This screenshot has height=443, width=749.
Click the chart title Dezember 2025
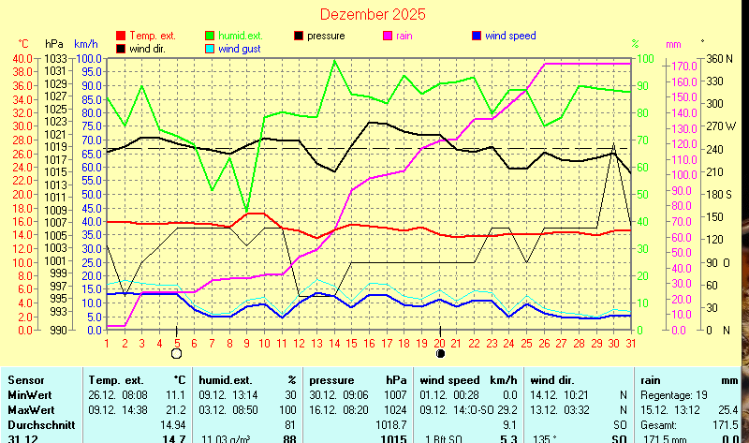(x=372, y=14)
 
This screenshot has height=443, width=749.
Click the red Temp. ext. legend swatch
(x=120, y=36)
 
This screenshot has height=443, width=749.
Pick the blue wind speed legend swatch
(x=477, y=36)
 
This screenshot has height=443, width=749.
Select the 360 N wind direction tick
(x=716, y=58)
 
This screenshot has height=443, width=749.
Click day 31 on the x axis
(x=631, y=342)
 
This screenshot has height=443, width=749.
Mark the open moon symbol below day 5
(x=177, y=354)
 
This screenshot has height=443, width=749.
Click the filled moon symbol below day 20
(x=441, y=354)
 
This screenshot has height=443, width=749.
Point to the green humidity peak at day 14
(x=335, y=61)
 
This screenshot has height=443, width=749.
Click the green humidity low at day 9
(x=247, y=212)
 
